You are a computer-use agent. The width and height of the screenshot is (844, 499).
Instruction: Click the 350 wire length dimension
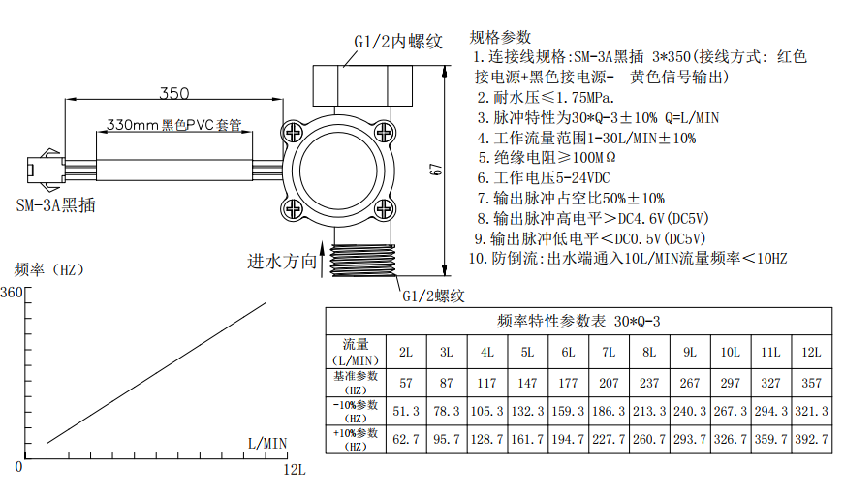[x=174, y=93]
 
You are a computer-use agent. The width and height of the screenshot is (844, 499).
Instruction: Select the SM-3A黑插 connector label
[x=56, y=205]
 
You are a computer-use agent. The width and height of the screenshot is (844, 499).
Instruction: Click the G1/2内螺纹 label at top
[x=398, y=42]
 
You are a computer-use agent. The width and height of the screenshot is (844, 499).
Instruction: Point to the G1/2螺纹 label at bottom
[x=433, y=296]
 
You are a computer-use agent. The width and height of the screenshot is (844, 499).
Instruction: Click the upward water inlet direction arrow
[x=323, y=261]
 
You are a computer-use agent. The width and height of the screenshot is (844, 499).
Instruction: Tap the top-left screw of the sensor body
[x=294, y=132]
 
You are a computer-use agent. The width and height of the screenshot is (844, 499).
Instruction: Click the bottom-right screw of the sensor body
[x=384, y=208]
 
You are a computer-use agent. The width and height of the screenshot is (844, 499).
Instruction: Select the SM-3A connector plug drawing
[x=46, y=170]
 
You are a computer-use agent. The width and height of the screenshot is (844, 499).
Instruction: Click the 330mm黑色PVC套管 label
[x=173, y=125]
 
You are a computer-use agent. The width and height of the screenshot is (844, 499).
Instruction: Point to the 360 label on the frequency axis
[x=12, y=293]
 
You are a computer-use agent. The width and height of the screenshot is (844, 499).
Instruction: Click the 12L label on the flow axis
[x=295, y=470]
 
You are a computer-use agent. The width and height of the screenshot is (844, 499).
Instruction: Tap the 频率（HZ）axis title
[x=49, y=269]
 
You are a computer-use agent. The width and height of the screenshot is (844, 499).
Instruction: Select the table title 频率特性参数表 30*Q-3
[x=578, y=322]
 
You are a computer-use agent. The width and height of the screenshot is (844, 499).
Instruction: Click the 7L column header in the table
[x=609, y=352]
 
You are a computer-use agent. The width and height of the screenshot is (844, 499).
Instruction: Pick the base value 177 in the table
[x=568, y=383]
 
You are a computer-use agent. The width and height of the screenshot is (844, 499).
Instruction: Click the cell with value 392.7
[x=811, y=439]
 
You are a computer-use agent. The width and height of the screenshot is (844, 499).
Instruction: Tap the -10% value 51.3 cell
[x=406, y=411]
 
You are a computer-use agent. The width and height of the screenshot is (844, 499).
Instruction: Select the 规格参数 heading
[x=500, y=37]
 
